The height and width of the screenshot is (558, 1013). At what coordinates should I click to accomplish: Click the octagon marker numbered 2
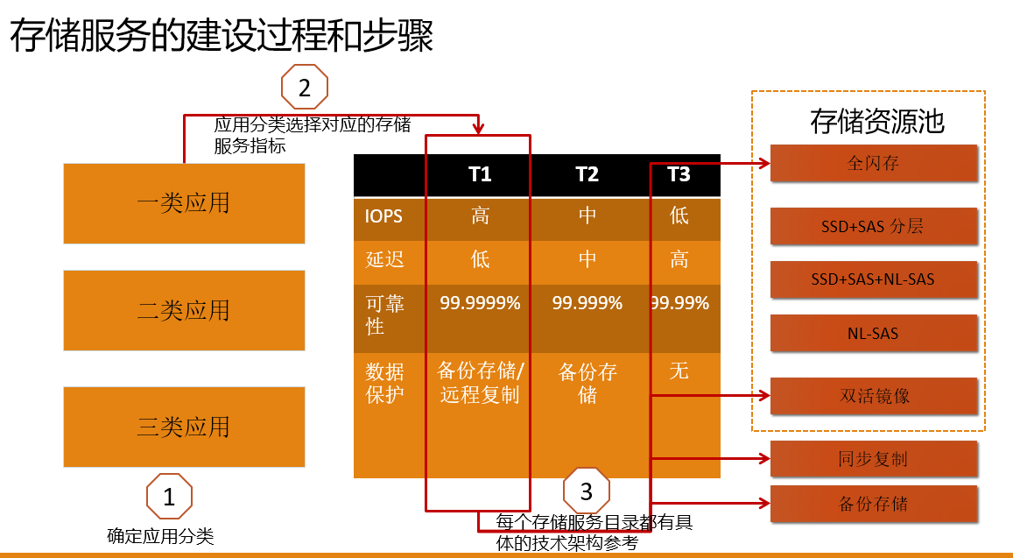tap(305, 88)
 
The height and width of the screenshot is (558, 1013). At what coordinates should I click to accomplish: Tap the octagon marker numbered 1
tap(169, 497)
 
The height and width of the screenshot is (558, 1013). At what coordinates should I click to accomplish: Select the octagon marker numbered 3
tap(587, 491)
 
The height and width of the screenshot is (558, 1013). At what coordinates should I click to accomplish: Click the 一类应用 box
tap(184, 203)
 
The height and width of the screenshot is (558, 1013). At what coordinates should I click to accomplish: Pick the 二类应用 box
tap(184, 310)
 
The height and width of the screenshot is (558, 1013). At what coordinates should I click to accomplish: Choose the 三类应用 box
tap(184, 427)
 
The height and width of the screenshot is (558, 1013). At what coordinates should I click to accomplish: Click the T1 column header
tap(480, 174)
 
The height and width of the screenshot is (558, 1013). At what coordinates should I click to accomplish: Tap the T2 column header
tap(587, 174)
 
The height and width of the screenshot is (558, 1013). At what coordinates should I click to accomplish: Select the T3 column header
tap(679, 174)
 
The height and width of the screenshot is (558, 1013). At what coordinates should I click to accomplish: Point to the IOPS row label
tap(383, 216)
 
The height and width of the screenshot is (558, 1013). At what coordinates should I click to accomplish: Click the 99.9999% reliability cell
tap(480, 302)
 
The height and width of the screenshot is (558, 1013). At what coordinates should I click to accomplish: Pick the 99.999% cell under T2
tap(587, 302)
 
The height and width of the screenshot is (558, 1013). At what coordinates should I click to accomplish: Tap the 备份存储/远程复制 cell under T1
tap(480, 383)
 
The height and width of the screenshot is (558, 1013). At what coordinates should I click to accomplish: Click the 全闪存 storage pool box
tap(874, 163)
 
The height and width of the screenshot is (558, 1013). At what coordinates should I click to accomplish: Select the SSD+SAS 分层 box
tap(874, 226)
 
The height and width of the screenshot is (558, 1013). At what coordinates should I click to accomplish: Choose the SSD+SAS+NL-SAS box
tap(874, 279)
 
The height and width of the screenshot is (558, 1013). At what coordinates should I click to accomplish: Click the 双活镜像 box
tap(874, 396)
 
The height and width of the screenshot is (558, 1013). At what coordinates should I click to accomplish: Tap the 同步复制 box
tap(874, 459)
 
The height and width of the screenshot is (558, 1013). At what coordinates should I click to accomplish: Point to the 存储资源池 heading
tap(877, 122)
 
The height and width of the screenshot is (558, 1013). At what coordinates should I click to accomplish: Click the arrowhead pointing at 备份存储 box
tap(765, 503)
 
